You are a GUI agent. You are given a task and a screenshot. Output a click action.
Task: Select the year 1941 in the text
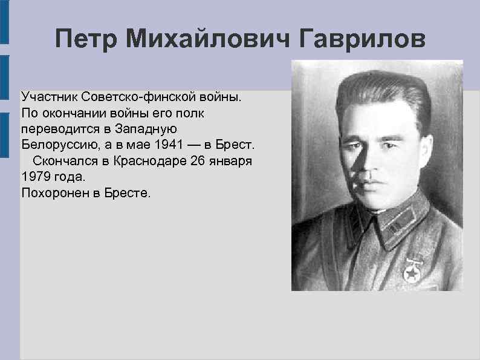click(x=166, y=145)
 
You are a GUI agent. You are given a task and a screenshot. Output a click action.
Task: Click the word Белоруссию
click(x=56, y=145)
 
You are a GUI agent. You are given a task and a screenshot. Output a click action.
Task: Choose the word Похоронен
click(x=53, y=194)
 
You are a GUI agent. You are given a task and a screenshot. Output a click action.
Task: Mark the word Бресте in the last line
click(x=130, y=194)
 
